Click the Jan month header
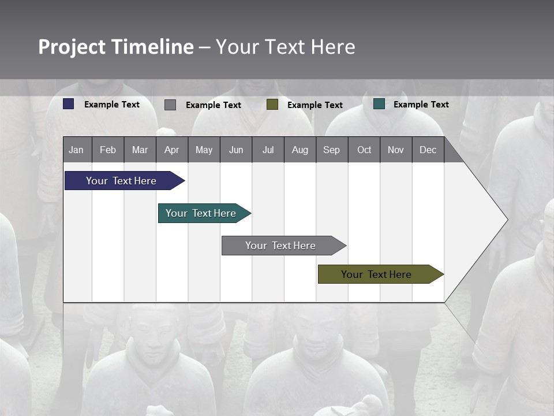click(x=77, y=150)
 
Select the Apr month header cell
click(x=172, y=150)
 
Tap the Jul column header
click(x=268, y=150)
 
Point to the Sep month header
click(x=332, y=150)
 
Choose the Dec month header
click(x=428, y=150)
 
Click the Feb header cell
click(x=108, y=150)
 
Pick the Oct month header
click(x=364, y=150)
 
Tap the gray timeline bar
click(x=282, y=246)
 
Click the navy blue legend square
click(x=69, y=104)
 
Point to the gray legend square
click(x=170, y=105)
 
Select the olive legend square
click(x=272, y=105)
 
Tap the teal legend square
click(x=379, y=104)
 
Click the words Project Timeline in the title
click(x=116, y=47)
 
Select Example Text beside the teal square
click(x=421, y=105)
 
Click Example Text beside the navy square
click(x=112, y=105)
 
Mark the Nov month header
click(x=396, y=150)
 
